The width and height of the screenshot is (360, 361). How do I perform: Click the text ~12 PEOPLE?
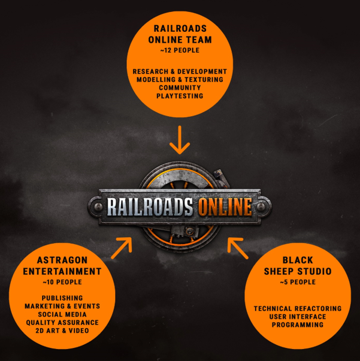tap(180, 51)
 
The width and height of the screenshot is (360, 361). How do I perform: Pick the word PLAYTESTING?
tap(180, 96)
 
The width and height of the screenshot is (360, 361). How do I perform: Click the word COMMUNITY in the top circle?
tap(180, 88)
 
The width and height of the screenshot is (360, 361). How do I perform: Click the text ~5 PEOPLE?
tap(297, 281)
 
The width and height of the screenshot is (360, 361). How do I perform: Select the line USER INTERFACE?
tap(297, 317)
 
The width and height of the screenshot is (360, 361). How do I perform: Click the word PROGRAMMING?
tap(297, 324)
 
